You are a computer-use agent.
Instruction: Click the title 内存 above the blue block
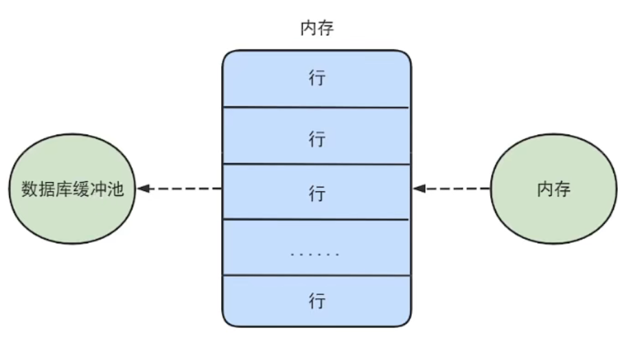316,29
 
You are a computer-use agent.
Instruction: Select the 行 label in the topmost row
316,78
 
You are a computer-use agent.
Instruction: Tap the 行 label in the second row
316,139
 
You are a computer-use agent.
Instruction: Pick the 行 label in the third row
316,193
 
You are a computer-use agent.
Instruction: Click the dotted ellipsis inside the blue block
315,254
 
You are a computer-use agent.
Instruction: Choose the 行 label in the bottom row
316,301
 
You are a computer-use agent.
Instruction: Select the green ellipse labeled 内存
553,189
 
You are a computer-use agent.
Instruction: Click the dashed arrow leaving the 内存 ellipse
453,188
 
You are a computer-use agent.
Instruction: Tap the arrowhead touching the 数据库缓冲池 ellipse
141,188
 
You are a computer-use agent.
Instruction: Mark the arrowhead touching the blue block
418,188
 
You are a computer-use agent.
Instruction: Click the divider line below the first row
316,107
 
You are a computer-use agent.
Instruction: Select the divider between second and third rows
316,164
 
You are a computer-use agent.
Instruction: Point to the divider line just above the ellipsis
316,219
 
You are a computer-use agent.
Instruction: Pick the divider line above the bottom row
316,275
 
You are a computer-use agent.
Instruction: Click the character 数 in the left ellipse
30,189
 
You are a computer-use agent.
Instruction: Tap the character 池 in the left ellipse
115,189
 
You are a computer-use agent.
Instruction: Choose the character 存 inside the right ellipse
562,189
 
